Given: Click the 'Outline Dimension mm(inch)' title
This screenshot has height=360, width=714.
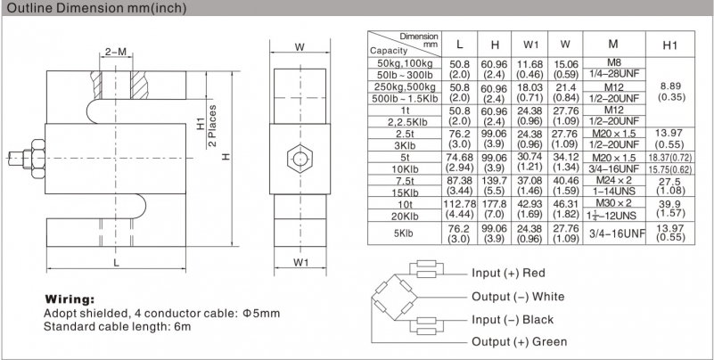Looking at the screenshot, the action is pos(97,8).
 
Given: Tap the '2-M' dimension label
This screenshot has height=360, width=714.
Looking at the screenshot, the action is pos(116,52).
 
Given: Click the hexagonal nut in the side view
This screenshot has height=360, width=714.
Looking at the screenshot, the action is pos(300,159).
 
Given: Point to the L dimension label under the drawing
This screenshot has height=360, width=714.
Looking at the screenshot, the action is pos(117,263).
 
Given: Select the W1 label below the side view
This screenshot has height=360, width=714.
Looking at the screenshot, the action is pos(300,263).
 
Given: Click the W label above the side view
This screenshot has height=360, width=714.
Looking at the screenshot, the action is pos(300,46).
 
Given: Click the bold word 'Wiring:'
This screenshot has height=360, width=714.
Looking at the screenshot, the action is pos(70,299).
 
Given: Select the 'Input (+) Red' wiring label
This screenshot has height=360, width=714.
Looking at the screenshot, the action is pos(508,273).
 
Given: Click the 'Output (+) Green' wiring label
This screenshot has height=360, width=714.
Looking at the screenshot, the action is pos(519,342).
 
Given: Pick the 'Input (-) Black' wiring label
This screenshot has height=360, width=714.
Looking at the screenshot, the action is pos(513,320).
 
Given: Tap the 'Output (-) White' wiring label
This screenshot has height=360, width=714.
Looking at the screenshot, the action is pos(518,297).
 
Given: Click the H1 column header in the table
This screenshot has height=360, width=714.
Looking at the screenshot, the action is pos(670,45).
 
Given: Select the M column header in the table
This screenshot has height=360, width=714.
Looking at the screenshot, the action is pos(613,45).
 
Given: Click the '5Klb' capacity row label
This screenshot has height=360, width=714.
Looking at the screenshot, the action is pos(404,234).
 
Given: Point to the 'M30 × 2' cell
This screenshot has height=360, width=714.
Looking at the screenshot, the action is pos(613,203).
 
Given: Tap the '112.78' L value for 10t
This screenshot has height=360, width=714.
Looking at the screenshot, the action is pos(459,203).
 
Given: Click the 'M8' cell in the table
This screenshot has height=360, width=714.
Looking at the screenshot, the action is pos(613,62).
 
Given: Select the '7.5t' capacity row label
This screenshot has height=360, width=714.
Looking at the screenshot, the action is pos(404,181).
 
